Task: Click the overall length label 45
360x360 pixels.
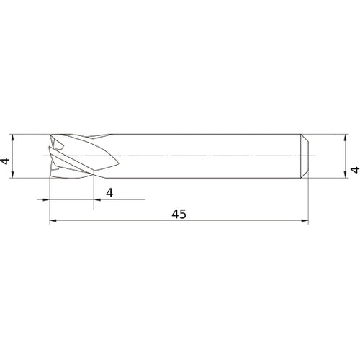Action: click(x=180, y=215)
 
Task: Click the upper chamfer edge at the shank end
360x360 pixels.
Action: click(x=305, y=137)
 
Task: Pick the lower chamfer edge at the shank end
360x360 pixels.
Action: click(x=305, y=174)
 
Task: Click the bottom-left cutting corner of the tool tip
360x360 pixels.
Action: click(x=50, y=175)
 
